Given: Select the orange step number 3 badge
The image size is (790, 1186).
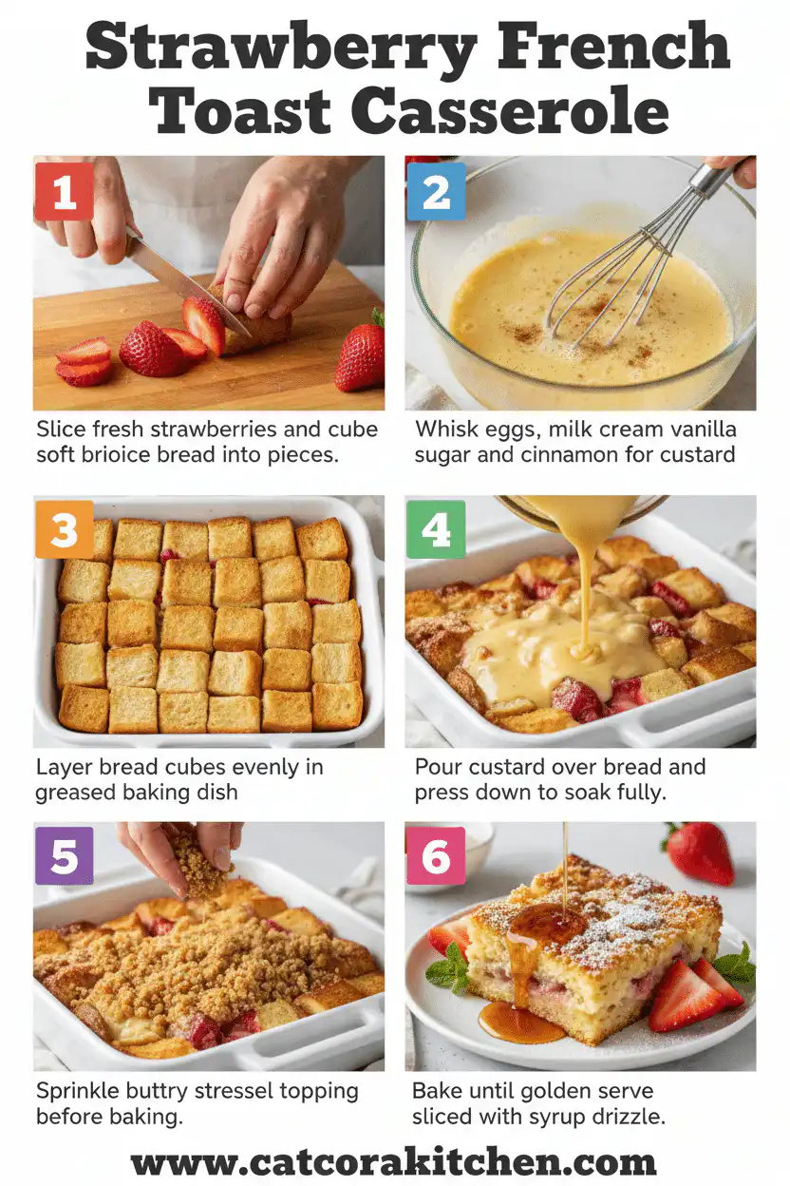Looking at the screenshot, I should (64, 529).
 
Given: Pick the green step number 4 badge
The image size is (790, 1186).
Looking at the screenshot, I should (436, 529).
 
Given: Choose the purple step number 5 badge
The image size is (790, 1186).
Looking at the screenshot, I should (64, 855).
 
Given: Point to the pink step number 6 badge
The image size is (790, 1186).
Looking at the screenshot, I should (436, 855).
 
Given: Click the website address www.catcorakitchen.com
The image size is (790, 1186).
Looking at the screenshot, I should (394, 1162).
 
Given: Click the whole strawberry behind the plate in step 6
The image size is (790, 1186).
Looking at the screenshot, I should (700, 852).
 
